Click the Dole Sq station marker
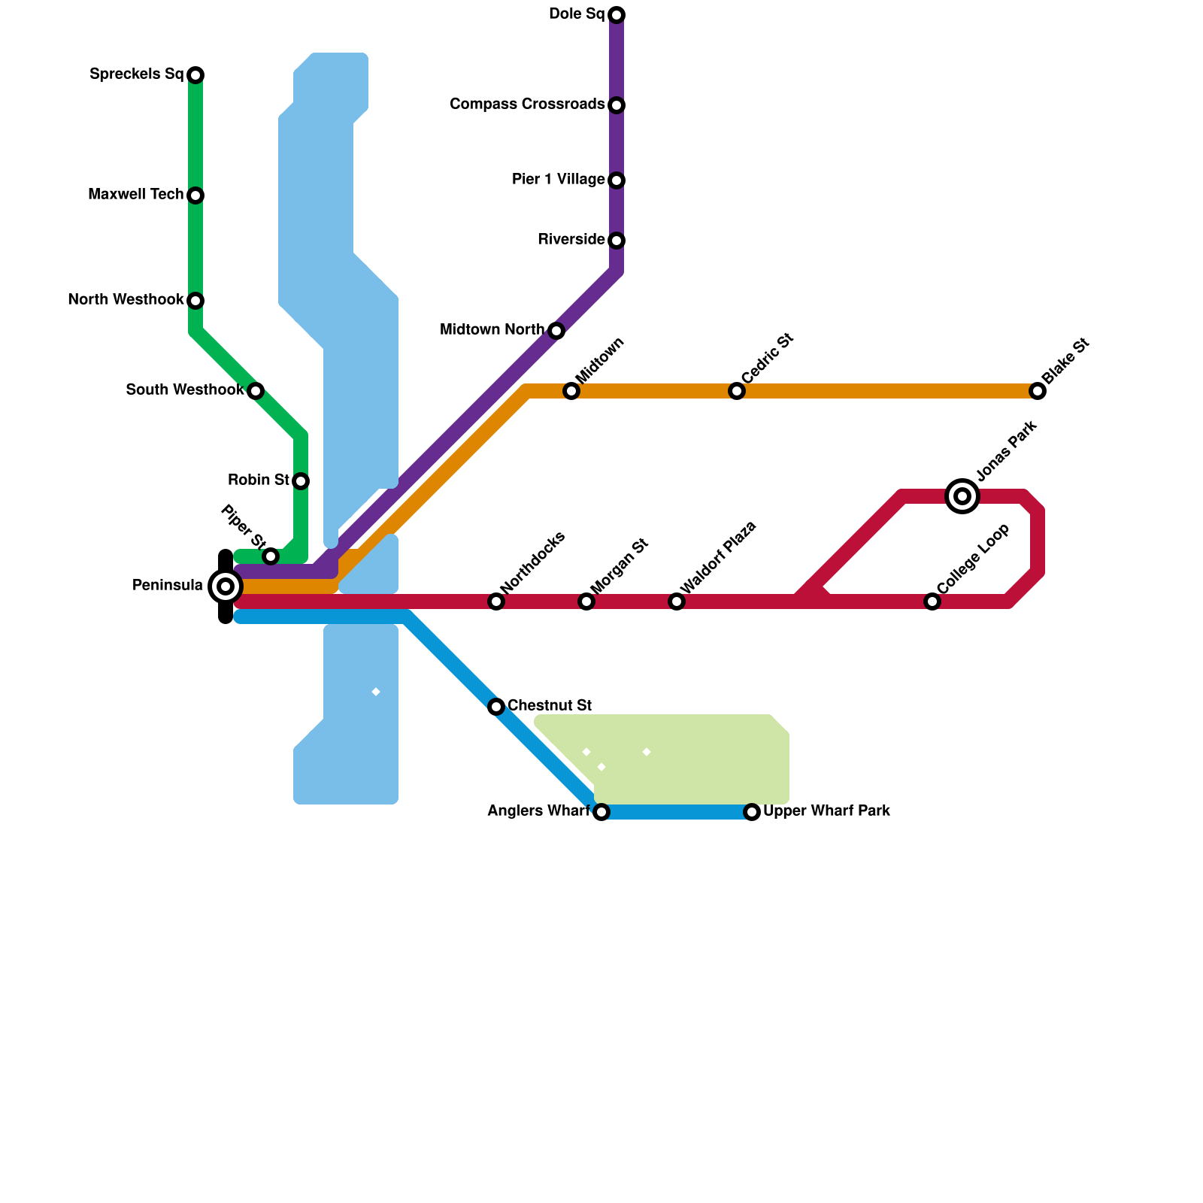point(617,15)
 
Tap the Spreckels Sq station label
point(136,74)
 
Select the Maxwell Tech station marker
point(195,195)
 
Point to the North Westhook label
point(126,300)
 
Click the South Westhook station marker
point(256,391)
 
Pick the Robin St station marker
point(301,481)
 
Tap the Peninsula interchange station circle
point(225,586)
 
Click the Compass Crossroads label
point(527,105)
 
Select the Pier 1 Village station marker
point(617,180)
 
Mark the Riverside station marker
point(617,241)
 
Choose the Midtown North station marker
point(556,331)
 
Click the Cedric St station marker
point(737,391)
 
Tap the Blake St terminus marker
point(1038,391)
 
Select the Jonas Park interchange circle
point(962,496)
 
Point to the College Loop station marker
point(932,601)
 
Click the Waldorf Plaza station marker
point(677,601)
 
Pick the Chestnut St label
point(550,706)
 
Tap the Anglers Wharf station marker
point(601,812)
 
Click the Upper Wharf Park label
point(826,811)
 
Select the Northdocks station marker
point(496,601)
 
